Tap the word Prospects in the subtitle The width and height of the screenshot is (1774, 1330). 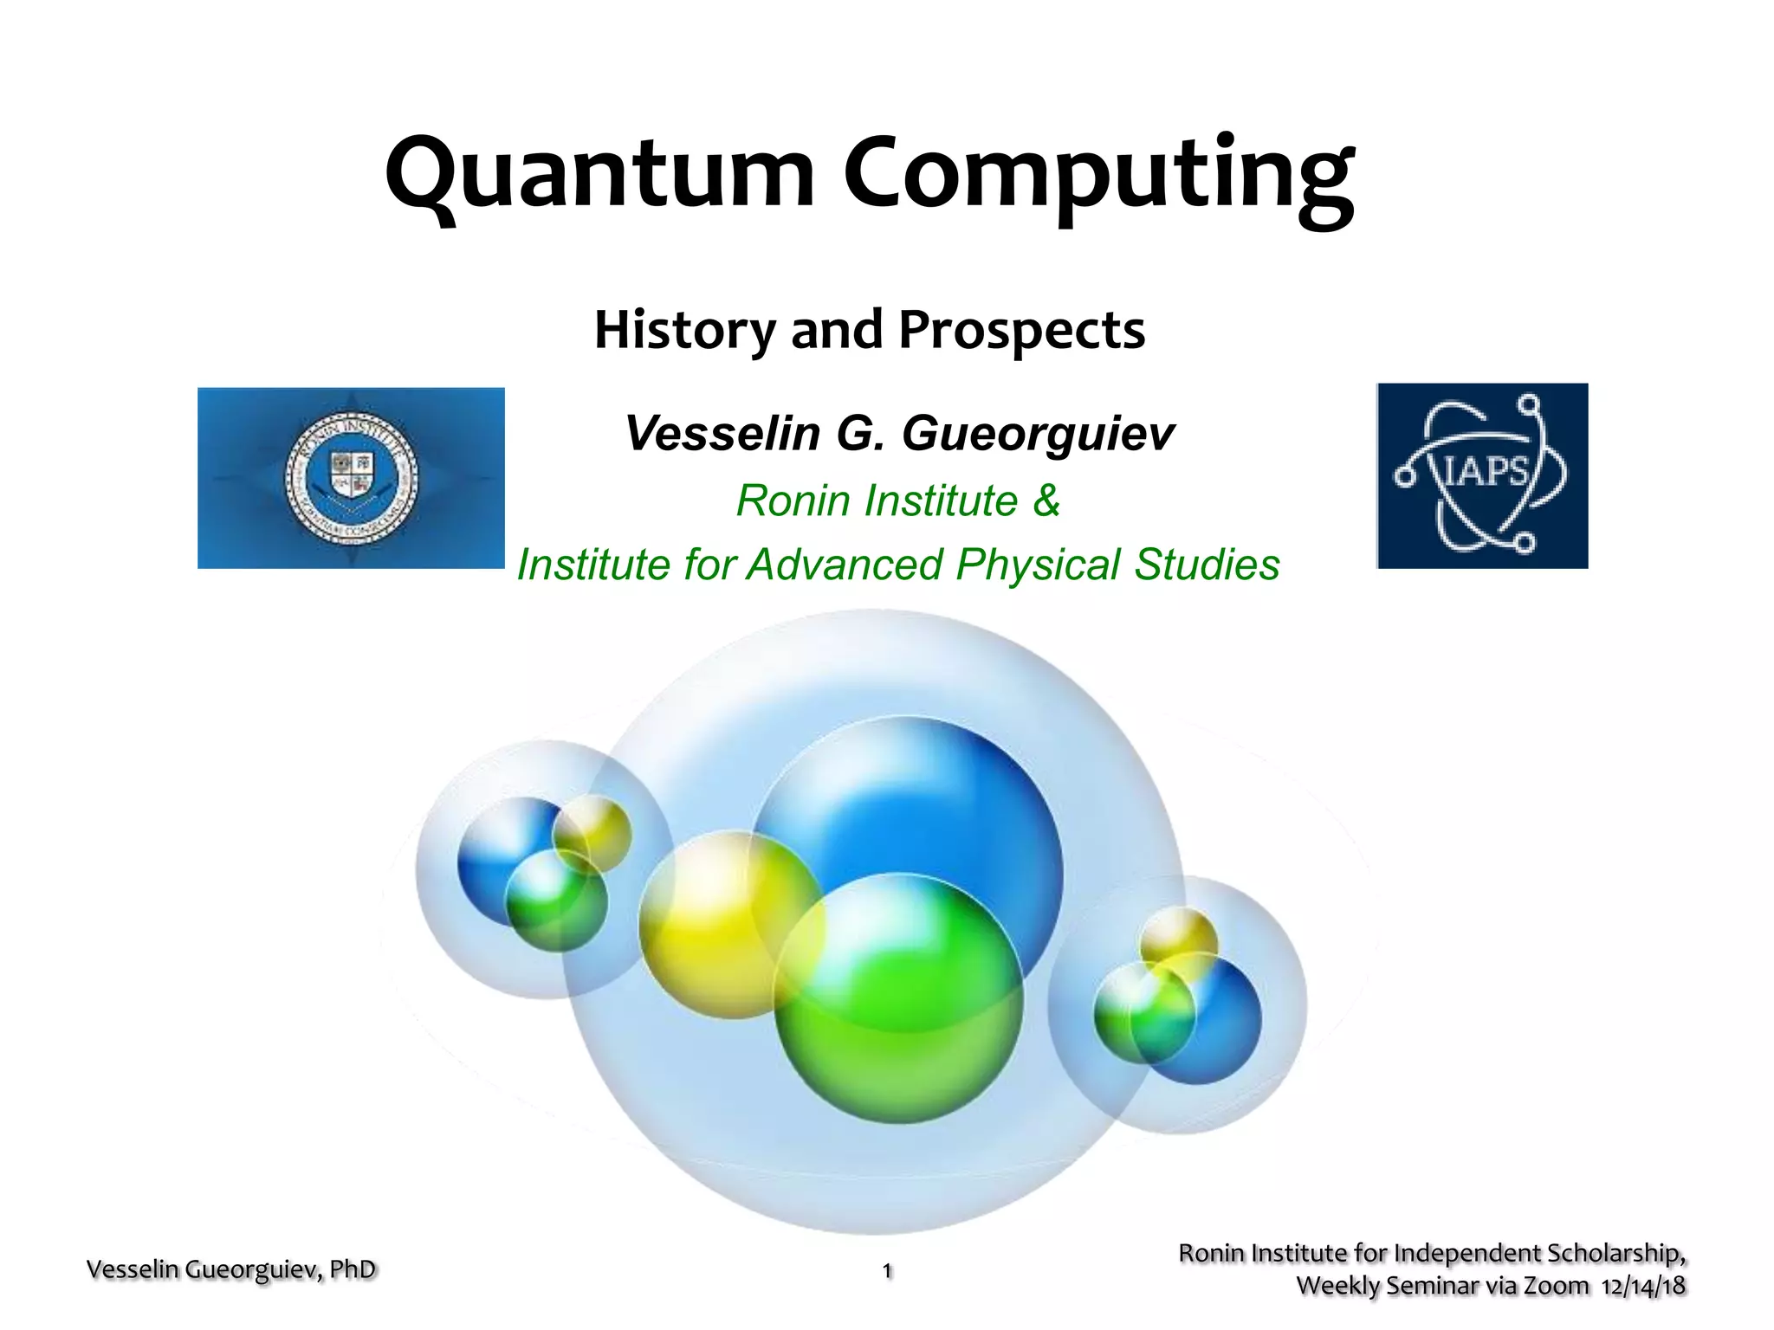pyautogui.click(x=1021, y=330)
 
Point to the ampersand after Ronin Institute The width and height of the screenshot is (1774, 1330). pyautogui.click(x=1046, y=500)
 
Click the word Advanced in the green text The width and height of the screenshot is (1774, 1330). pyautogui.click(x=845, y=565)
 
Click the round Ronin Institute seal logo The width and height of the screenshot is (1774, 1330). pyautogui.click(x=352, y=477)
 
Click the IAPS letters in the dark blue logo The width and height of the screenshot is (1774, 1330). pyautogui.click(x=1484, y=472)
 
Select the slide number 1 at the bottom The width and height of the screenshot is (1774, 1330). pyautogui.click(x=887, y=1270)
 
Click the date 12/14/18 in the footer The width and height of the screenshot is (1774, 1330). pyautogui.click(x=1643, y=1286)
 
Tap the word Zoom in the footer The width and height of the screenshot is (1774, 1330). pyautogui.click(x=1556, y=1286)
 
